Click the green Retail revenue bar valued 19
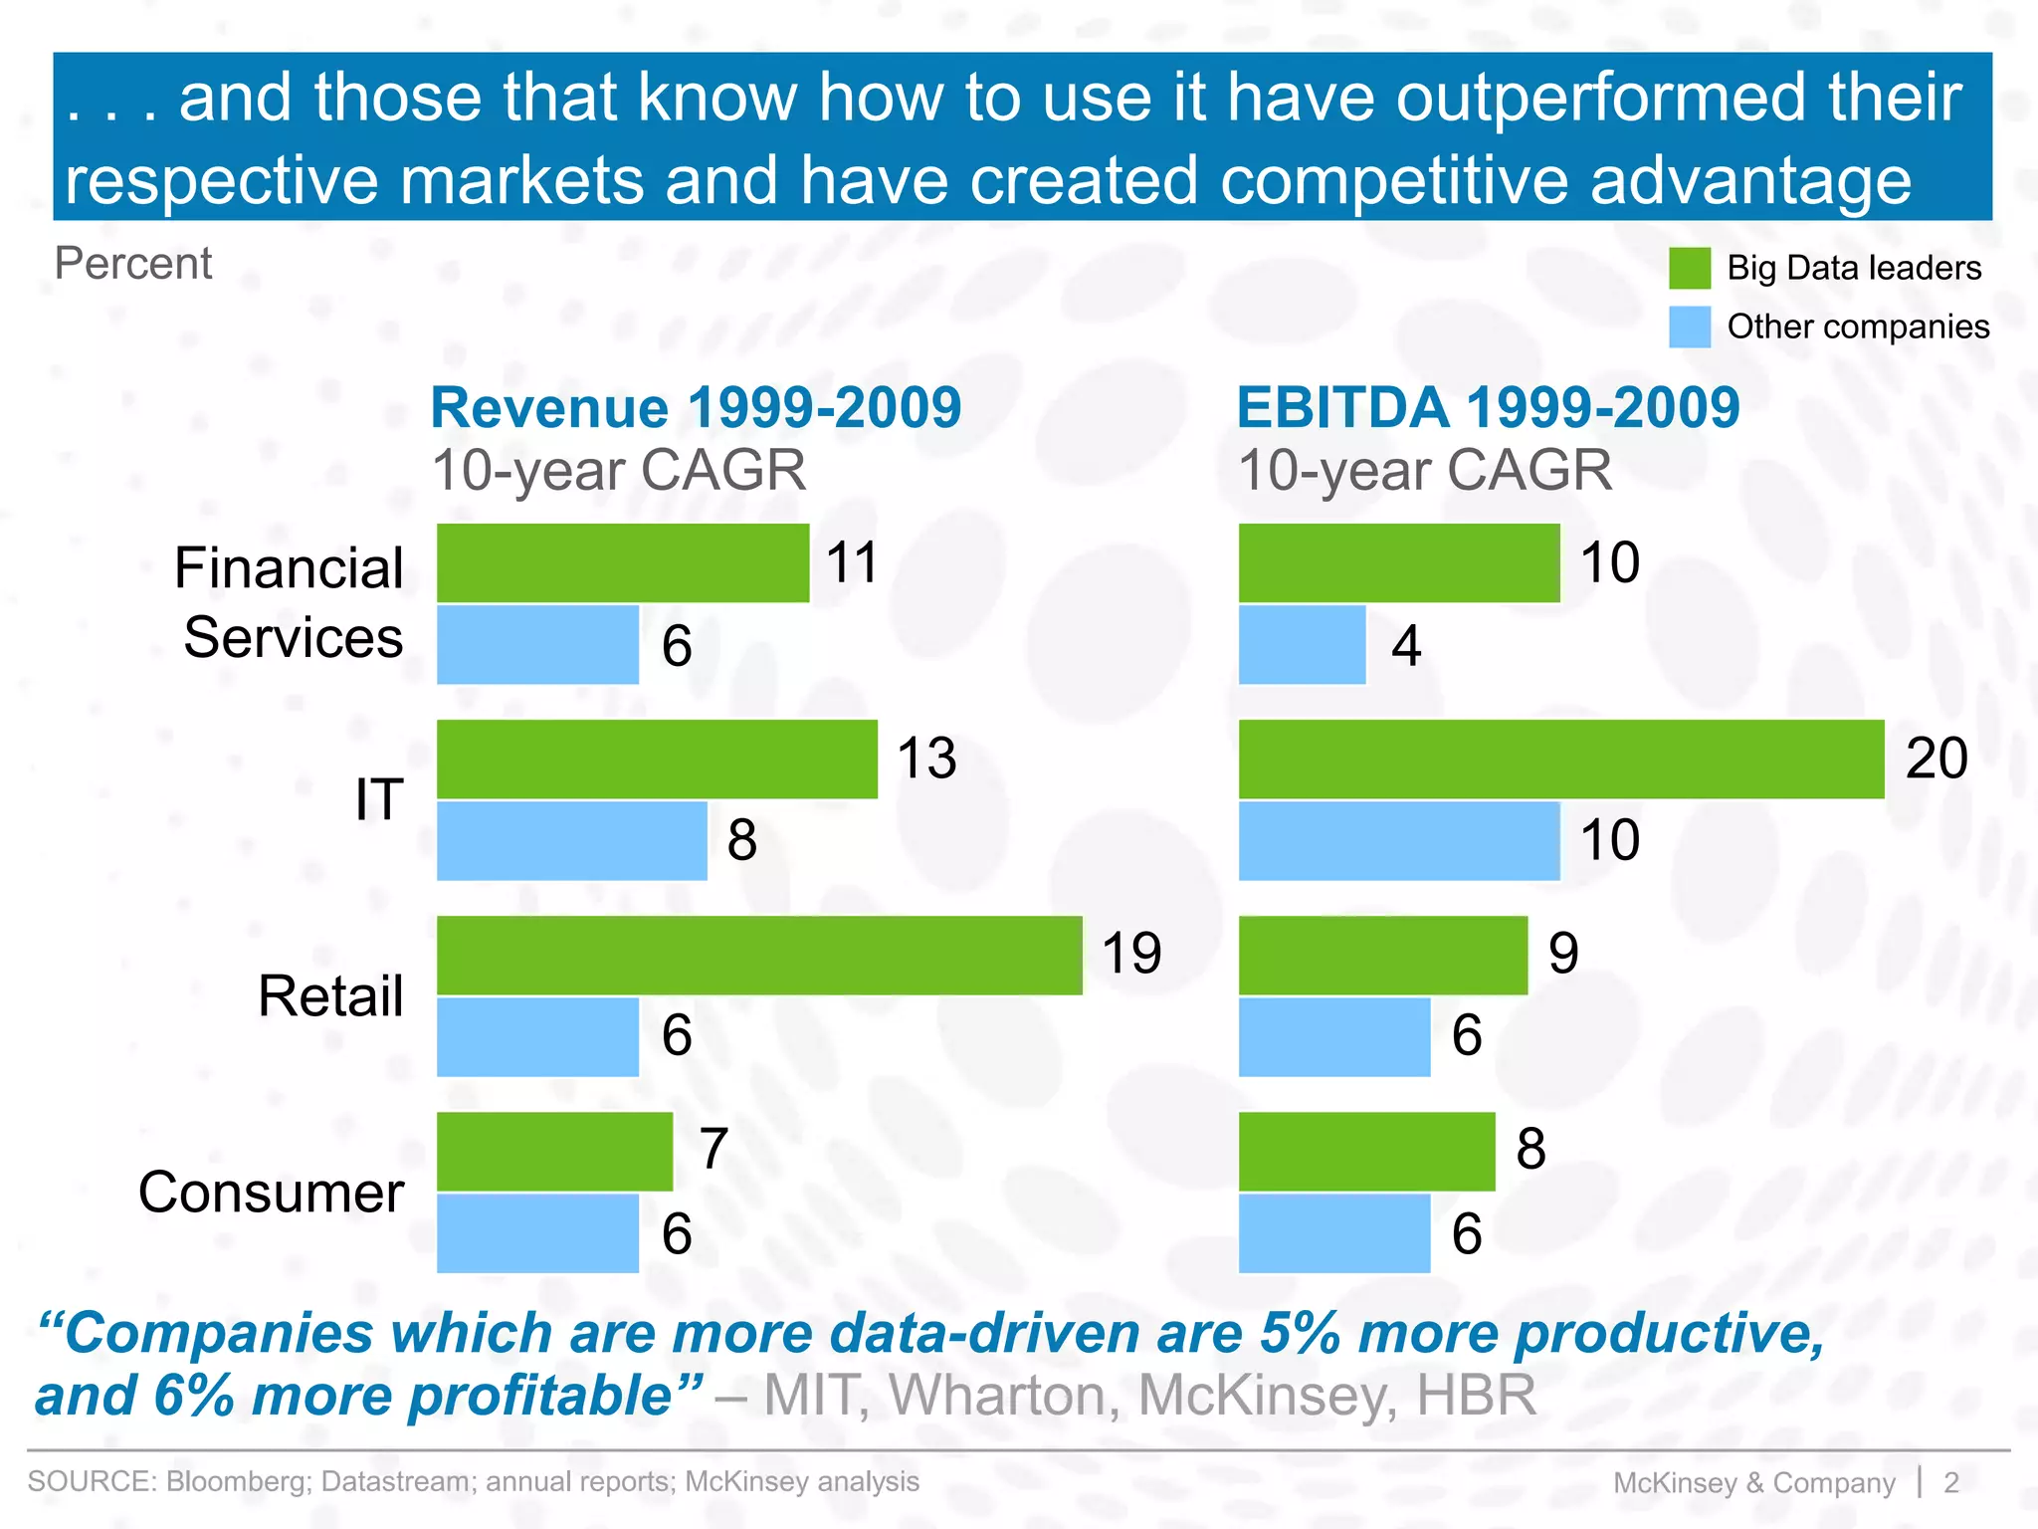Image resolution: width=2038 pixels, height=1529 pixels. pyautogui.click(x=759, y=955)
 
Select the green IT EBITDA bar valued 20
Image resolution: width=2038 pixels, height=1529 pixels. pyautogui.click(x=1560, y=759)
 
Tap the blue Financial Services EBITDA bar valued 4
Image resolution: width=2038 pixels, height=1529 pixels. pyautogui.click(x=1302, y=645)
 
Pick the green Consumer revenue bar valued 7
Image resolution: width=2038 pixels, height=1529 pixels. pyautogui.click(x=554, y=1152)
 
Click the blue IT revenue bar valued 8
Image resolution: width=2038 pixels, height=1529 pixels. pyautogui.click(x=571, y=841)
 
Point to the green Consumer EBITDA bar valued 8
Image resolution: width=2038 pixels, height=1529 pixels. pyautogui.click(x=1366, y=1152)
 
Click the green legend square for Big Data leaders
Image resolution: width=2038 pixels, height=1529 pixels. pyautogui.click(x=1689, y=268)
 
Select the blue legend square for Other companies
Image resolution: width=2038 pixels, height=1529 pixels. pyautogui.click(x=1689, y=327)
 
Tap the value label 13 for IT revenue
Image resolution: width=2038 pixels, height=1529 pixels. pyautogui.click(x=926, y=759)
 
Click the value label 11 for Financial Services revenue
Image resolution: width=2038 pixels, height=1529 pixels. pyautogui.click(x=852, y=562)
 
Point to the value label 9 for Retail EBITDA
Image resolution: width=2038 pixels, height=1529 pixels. pyautogui.click(x=1562, y=954)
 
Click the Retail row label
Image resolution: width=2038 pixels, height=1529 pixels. pyautogui.click(x=330, y=995)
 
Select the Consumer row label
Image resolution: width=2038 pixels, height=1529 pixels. pyautogui.click(x=271, y=1192)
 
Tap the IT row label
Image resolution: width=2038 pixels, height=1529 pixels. pyautogui.click(x=379, y=799)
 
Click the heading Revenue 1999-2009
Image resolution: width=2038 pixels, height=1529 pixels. pyautogui.click(x=696, y=407)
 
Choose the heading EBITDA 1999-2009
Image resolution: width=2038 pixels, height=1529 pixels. pyautogui.click(x=1487, y=407)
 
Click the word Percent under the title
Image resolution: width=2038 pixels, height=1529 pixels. pyautogui.click(x=133, y=264)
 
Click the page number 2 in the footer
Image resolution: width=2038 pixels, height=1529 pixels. pyautogui.click(x=1950, y=1482)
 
